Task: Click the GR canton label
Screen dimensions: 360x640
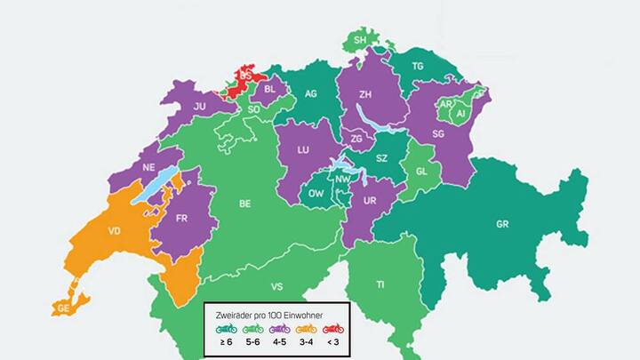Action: coord(502,223)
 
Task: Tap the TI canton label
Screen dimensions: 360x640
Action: coord(380,284)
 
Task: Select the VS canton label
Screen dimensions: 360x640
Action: coord(276,287)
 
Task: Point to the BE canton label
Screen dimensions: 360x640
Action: coord(244,203)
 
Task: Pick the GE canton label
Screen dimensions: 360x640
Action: coord(63,308)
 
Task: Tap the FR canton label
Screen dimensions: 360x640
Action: coord(181,218)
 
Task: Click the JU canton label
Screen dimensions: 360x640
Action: coord(200,106)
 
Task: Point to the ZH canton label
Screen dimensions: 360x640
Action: coord(365,93)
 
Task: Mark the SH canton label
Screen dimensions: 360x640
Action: coord(360,41)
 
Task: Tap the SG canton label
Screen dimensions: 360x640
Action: coord(437,133)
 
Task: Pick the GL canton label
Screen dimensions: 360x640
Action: coord(422,172)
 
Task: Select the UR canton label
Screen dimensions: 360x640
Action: coord(371,202)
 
